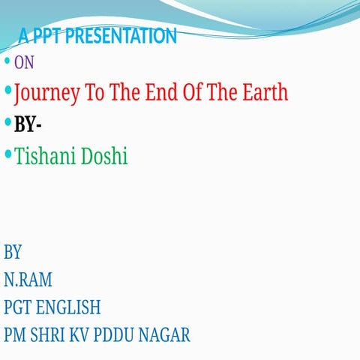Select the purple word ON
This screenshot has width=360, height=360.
24,63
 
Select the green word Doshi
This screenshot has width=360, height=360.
104,156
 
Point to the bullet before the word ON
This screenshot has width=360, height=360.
7,61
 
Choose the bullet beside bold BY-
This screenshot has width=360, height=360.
7,121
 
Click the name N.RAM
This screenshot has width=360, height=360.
28,280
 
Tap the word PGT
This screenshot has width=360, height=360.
17,307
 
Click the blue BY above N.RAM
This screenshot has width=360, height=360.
13,251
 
